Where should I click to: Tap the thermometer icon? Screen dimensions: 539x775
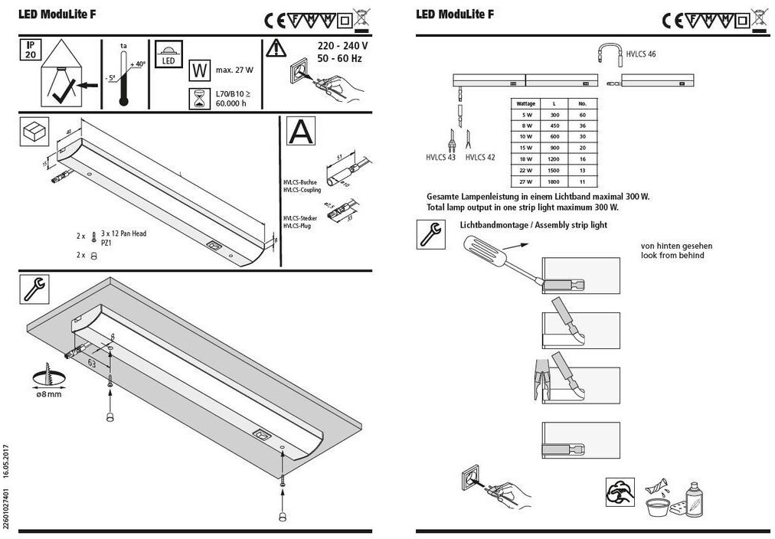pyautogui.click(x=123, y=77)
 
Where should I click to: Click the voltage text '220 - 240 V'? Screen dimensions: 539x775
pyautogui.click(x=342, y=46)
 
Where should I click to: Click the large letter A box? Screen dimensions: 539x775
pyautogui.click(x=300, y=131)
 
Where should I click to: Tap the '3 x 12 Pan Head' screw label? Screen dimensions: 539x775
pyautogui.click(x=123, y=234)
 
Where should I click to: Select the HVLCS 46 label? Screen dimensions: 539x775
pyautogui.click(x=640, y=54)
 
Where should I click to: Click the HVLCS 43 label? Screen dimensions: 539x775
pyautogui.click(x=440, y=158)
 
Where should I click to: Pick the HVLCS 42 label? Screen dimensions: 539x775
pyautogui.click(x=480, y=158)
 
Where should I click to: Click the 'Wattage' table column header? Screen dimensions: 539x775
pyautogui.click(x=526, y=103)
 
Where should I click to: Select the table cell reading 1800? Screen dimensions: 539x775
pyautogui.click(x=554, y=182)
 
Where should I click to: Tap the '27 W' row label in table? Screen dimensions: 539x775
pyautogui.click(x=526, y=182)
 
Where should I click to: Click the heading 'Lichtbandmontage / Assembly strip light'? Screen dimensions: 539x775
pyautogui.click(x=533, y=225)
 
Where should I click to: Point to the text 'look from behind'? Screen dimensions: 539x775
pyautogui.click(x=672, y=255)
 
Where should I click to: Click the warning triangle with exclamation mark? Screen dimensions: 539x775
pyautogui.click(x=276, y=48)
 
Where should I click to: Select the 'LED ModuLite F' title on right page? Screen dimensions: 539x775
pyautogui.click(x=455, y=14)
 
